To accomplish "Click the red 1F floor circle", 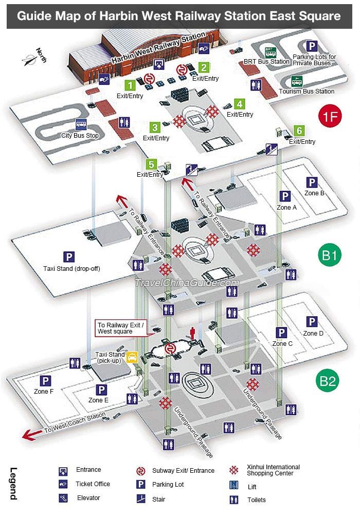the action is tap(330, 116).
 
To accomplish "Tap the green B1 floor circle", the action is tap(329, 255).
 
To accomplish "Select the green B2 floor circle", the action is tap(328, 381).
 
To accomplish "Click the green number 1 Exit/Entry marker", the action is tap(130, 85).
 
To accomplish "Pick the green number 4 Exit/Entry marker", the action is tap(240, 104).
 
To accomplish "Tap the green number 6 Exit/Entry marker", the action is tap(299, 131).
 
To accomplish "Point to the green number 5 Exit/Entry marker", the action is tap(151, 164).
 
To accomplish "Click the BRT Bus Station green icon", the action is tap(271, 52).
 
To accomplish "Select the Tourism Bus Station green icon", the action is tap(297, 81).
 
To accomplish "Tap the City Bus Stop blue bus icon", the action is tap(81, 124).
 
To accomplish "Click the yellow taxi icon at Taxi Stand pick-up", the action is tap(132, 357).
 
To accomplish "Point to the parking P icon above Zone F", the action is tap(45, 381).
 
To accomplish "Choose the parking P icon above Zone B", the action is tap(312, 182).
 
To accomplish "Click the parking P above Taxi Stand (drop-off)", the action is tap(69, 257).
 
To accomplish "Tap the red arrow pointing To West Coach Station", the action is tap(33, 435).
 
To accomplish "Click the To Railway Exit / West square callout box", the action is tap(120, 328).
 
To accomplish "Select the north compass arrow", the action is tap(30, 60).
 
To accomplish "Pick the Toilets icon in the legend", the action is tap(234, 500).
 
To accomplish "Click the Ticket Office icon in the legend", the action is tap(63, 484).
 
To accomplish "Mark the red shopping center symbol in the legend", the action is tap(234, 470).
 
